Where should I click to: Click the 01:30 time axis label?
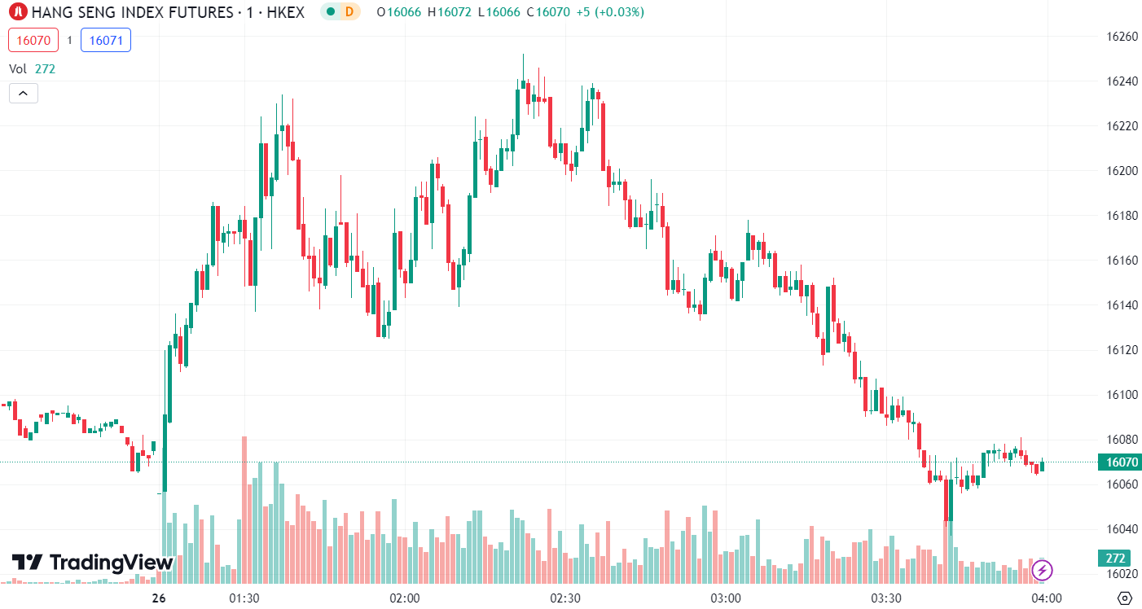point(244,598)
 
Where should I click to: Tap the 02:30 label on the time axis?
point(565,598)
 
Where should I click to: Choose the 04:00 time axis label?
point(1047,598)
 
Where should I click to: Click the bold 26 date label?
point(159,598)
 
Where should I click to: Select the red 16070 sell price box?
point(33,40)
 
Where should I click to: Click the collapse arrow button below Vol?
point(23,93)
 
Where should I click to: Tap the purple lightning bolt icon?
point(1042,570)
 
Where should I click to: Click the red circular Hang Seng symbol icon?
point(18,12)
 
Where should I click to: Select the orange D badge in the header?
point(349,12)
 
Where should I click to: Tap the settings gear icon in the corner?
point(1125,598)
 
